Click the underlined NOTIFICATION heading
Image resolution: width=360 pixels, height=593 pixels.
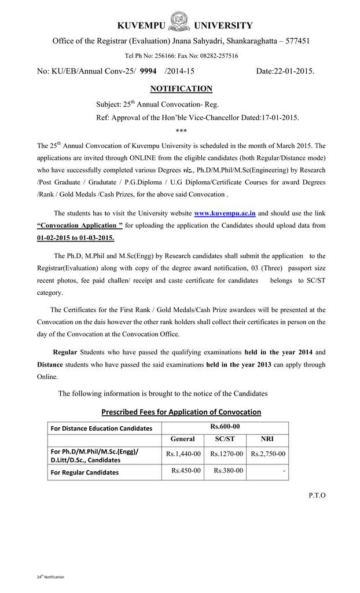(x=181, y=89)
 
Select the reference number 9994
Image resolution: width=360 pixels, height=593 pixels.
(x=149, y=71)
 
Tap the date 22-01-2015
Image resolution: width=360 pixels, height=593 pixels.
(x=294, y=71)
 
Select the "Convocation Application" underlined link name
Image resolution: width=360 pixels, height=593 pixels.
(x=79, y=226)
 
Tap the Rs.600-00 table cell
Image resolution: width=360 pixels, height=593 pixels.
(x=225, y=427)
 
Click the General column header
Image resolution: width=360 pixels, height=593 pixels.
(x=182, y=439)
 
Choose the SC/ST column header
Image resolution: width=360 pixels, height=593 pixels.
(x=225, y=439)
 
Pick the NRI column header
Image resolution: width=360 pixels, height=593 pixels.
(x=267, y=439)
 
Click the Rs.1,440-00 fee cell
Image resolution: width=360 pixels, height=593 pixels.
(x=183, y=454)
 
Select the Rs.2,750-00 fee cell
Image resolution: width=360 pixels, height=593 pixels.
(x=267, y=454)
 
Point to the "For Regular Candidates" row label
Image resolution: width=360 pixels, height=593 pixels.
(x=85, y=473)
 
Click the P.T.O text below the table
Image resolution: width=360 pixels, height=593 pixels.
(x=317, y=495)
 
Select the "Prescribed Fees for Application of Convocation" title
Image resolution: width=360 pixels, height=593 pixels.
(x=181, y=412)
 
